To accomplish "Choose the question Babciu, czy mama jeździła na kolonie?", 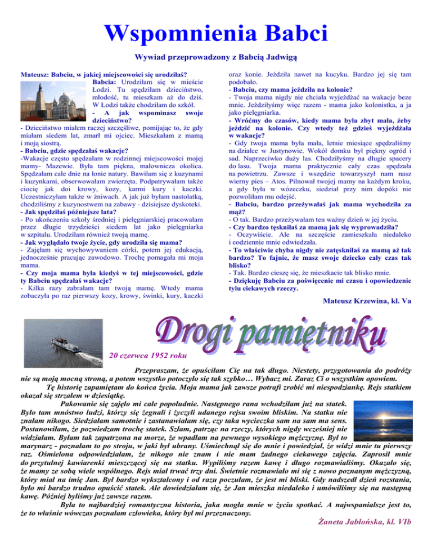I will click(290, 90).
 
